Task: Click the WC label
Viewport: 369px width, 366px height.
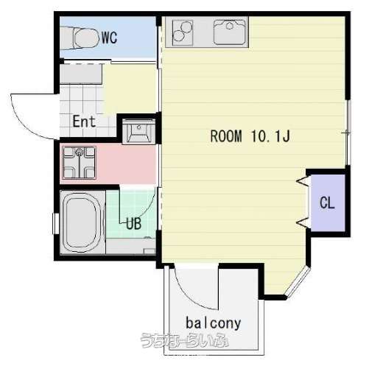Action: (109, 38)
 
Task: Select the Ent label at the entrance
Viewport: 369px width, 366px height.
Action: (84, 122)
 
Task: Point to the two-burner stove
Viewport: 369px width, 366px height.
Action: (182, 33)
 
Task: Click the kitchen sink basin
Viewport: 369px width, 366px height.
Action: (230, 32)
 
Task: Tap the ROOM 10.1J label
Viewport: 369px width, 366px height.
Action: (250, 136)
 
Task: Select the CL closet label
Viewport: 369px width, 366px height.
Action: (327, 203)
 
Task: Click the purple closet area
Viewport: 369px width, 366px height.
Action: (328, 203)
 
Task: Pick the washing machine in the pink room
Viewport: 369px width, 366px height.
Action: (79, 163)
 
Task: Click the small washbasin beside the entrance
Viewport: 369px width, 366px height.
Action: (139, 131)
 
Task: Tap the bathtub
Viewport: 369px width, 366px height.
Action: (82, 222)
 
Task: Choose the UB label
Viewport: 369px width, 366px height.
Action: (134, 223)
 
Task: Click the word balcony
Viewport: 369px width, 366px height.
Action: (213, 323)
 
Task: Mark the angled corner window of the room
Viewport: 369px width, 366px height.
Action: (298, 281)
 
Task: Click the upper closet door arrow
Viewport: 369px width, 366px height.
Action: (302, 181)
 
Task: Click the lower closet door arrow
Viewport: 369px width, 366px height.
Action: (302, 222)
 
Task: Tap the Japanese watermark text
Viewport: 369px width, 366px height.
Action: (185, 340)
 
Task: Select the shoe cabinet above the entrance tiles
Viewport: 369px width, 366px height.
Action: (81, 74)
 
